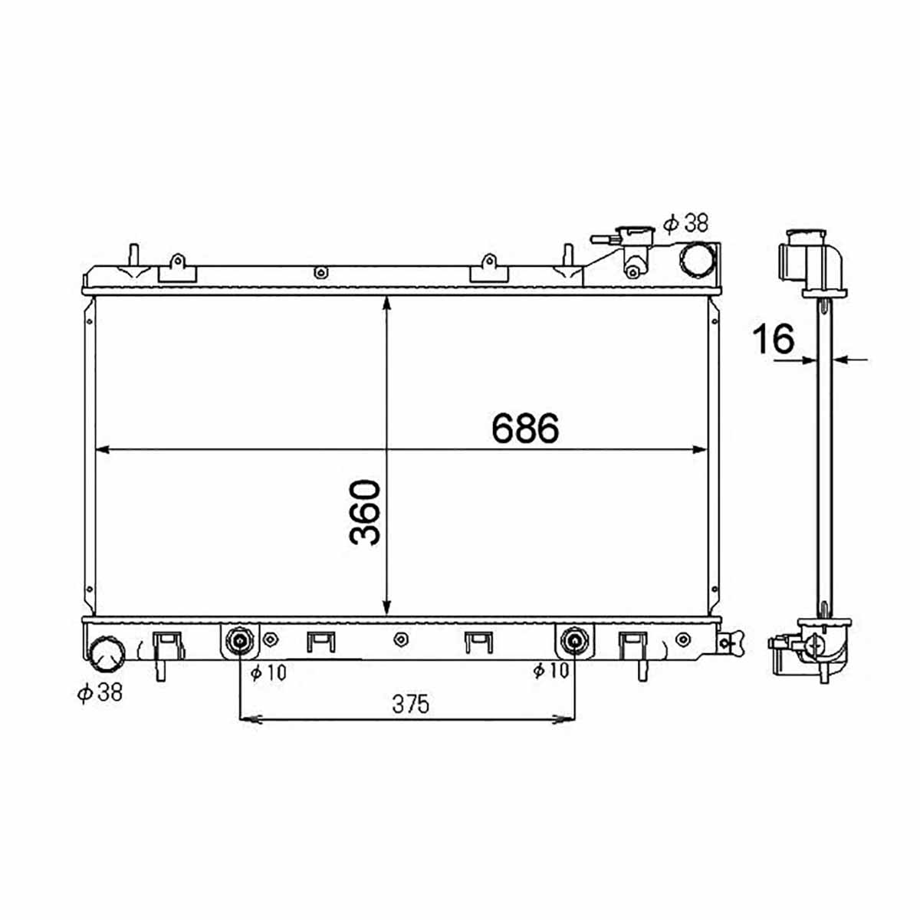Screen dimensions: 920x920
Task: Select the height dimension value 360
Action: [365, 512]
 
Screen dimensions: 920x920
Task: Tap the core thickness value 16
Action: [774, 338]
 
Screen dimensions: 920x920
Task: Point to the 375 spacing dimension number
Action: [411, 704]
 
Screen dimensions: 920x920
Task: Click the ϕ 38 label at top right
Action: [686, 223]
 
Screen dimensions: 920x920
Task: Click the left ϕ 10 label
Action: [268, 672]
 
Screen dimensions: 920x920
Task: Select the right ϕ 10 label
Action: [551, 671]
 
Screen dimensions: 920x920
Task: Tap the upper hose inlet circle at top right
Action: [697, 261]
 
